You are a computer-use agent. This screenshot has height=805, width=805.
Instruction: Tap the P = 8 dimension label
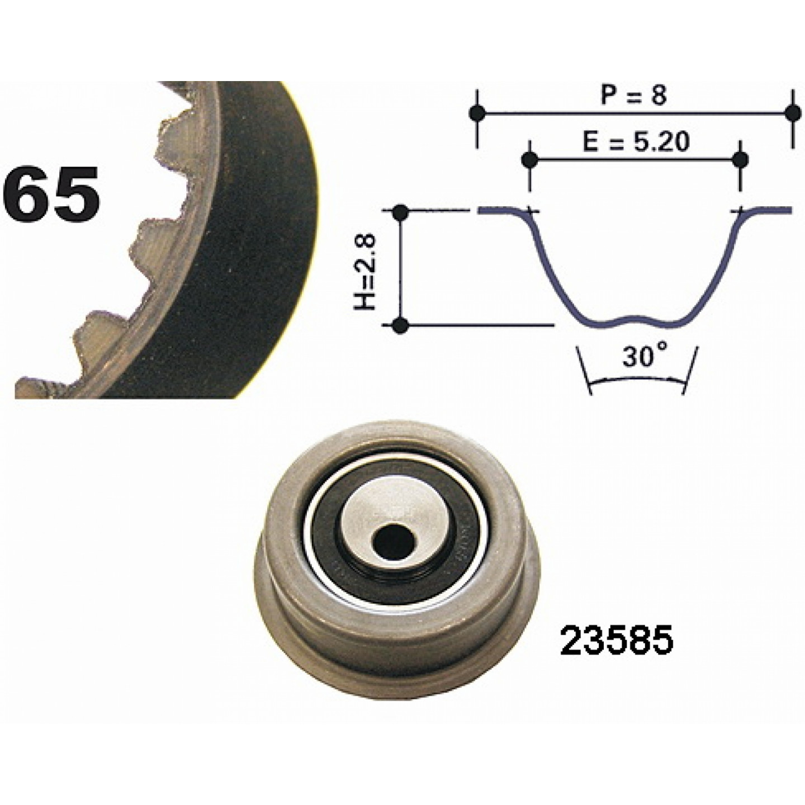click(634, 96)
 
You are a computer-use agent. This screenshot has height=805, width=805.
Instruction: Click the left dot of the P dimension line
click(477, 112)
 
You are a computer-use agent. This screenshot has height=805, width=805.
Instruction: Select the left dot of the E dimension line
click(529, 159)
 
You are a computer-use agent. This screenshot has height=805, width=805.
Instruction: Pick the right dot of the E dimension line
click(741, 159)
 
